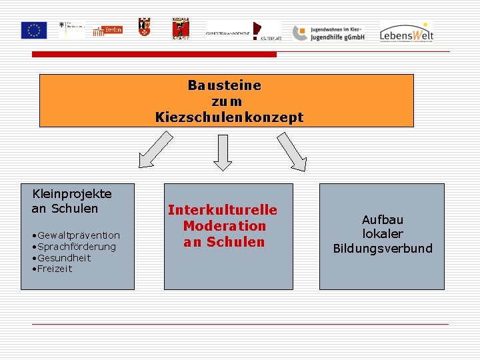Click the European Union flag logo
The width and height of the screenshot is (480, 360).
(x=33, y=30)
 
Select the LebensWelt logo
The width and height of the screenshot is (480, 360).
(x=407, y=31)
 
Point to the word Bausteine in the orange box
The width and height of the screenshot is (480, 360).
(x=224, y=85)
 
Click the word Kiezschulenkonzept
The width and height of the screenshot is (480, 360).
(x=229, y=117)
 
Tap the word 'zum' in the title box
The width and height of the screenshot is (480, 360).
(x=226, y=101)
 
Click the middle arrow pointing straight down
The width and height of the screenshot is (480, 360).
(x=222, y=152)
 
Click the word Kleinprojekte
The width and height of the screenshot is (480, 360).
(x=72, y=194)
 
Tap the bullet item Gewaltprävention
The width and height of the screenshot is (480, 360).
(x=79, y=235)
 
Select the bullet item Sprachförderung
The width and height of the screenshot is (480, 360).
(x=77, y=247)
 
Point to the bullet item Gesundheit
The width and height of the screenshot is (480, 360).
(x=64, y=258)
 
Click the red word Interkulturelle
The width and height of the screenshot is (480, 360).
(x=223, y=211)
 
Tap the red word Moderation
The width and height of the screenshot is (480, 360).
(x=224, y=227)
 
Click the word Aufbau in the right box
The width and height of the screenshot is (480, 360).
(x=383, y=219)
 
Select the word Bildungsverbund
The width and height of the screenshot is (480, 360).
(x=383, y=249)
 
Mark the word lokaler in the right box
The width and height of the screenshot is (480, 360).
(x=383, y=234)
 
